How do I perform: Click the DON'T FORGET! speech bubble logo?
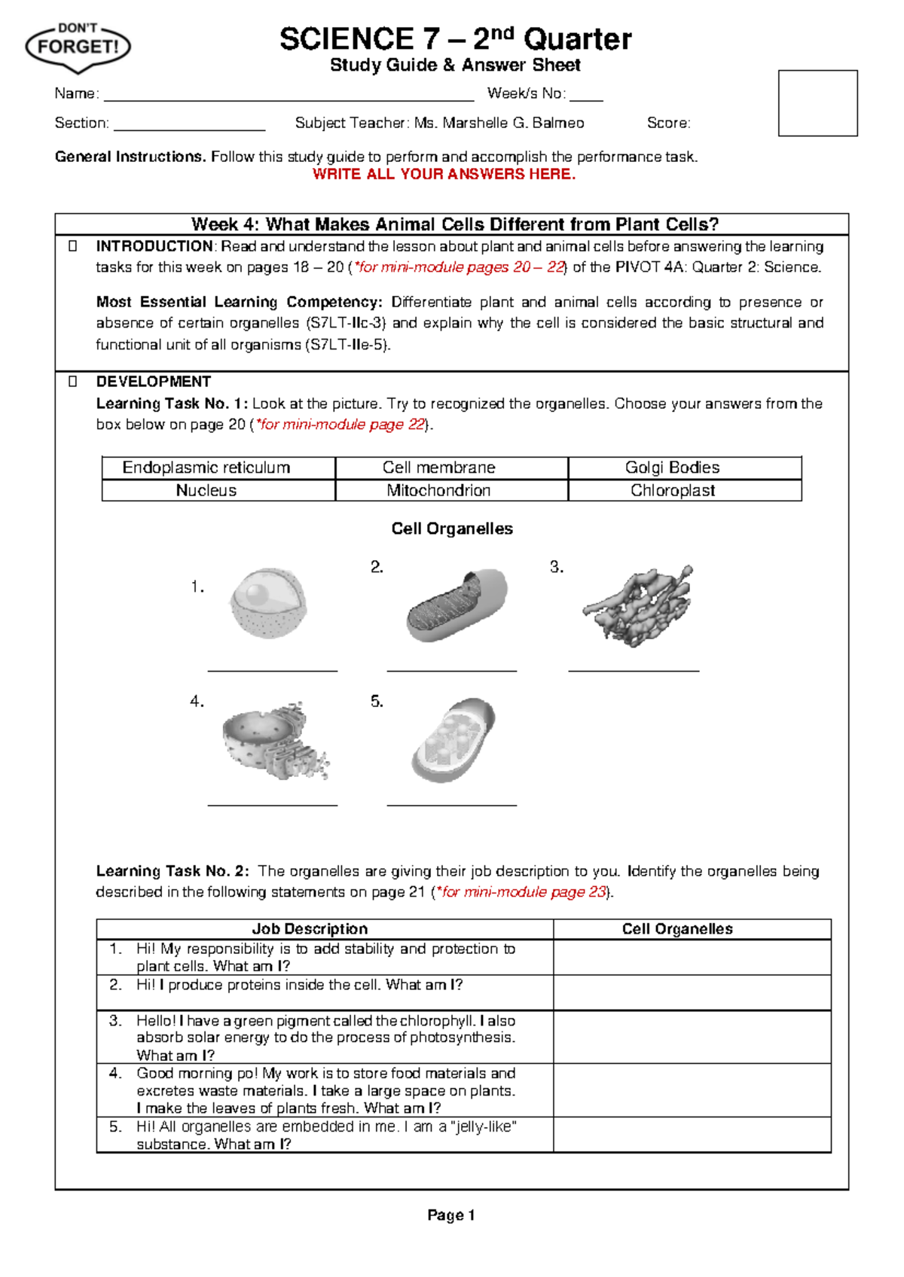(x=78, y=47)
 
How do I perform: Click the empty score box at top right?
(x=817, y=103)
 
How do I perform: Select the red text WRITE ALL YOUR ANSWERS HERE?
(x=444, y=175)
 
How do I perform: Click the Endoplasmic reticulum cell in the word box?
(x=206, y=468)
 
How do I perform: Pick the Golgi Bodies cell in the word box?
(x=672, y=468)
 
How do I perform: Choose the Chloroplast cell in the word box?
(x=672, y=490)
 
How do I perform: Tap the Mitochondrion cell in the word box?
(x=438, y=490)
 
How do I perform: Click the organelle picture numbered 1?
(x=269, y=604)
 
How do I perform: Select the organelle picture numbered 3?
(x=638, y=605)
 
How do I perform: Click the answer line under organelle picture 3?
(x=634, y=669)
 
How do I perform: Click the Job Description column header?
(x=310, y=929)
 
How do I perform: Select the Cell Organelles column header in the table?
(x=677, y=929)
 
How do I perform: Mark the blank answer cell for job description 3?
(x=692, y=1037)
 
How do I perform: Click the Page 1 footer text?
(x=450, y=1215)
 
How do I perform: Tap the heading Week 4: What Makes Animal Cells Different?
(x=455, y=224)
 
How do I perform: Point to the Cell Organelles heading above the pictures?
(x=452, y=529)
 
